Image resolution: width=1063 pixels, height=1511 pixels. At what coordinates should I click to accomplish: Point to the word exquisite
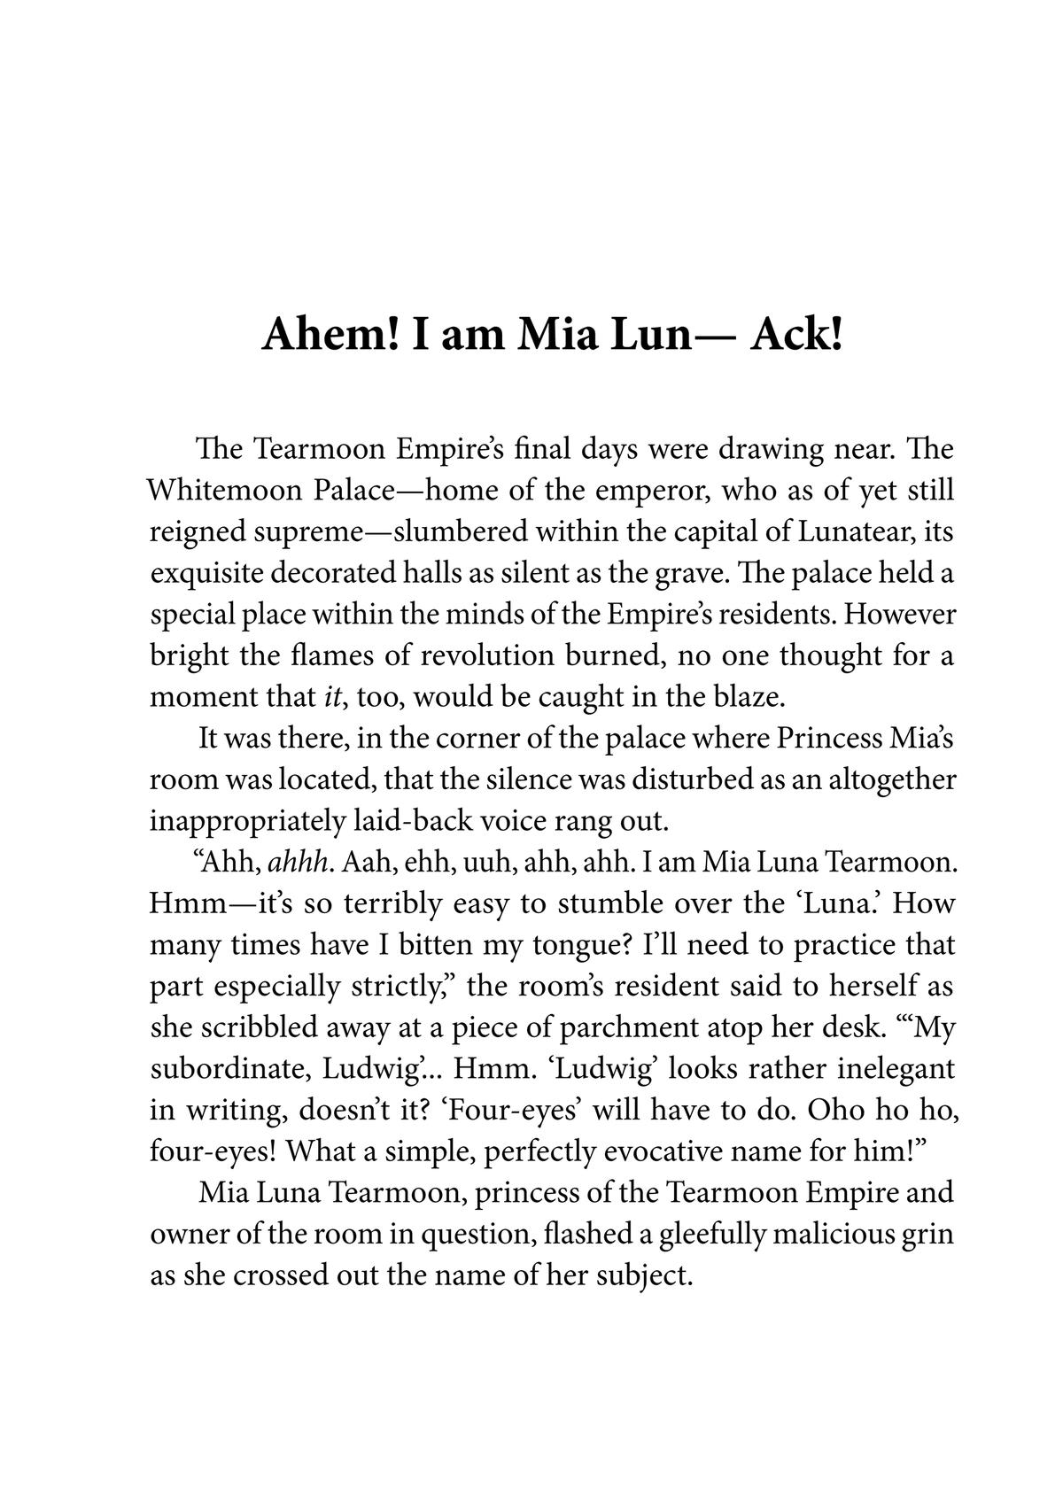coord(206,574)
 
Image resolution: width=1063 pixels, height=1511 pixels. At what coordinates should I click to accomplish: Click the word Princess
coord(817,738)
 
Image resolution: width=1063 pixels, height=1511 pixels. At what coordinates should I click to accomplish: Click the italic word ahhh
coord(300,861)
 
